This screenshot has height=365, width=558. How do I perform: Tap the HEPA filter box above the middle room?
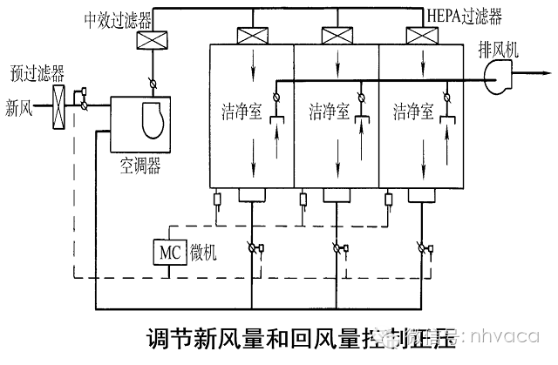click(x=335, y=37)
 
